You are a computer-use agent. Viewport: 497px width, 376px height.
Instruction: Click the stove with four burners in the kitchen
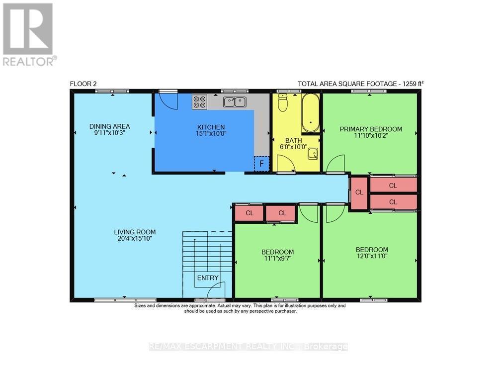pyautogui.click(x=199, y=102)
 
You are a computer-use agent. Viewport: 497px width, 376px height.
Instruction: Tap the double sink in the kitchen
pyautogui.click(x=235, y=102)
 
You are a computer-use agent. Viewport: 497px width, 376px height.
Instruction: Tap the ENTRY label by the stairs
pyautogui.click(x=208, y=278)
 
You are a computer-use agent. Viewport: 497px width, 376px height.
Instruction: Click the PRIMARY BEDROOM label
pyautogui.click(x=371, y=129)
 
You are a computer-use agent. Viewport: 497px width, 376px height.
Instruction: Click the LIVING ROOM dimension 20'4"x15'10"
pyautogui.click(x=135, y=239)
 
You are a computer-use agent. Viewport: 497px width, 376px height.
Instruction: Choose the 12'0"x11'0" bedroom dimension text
pyautogui.click(x=372, y=257)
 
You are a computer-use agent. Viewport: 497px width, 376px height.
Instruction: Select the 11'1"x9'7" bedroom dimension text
pyautogui.click(x=277, y=259)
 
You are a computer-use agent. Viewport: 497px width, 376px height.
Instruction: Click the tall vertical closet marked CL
pyautogui.click(x=358, y=192)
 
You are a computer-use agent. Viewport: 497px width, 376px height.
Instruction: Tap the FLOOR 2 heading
pyautogui.click(x=83, y=84)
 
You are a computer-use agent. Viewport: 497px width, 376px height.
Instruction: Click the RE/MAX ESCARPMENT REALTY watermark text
pyautogui.click(x=248, y=347)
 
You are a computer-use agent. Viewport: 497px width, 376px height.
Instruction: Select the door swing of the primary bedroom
pyautogui.click(x=336, y=164)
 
